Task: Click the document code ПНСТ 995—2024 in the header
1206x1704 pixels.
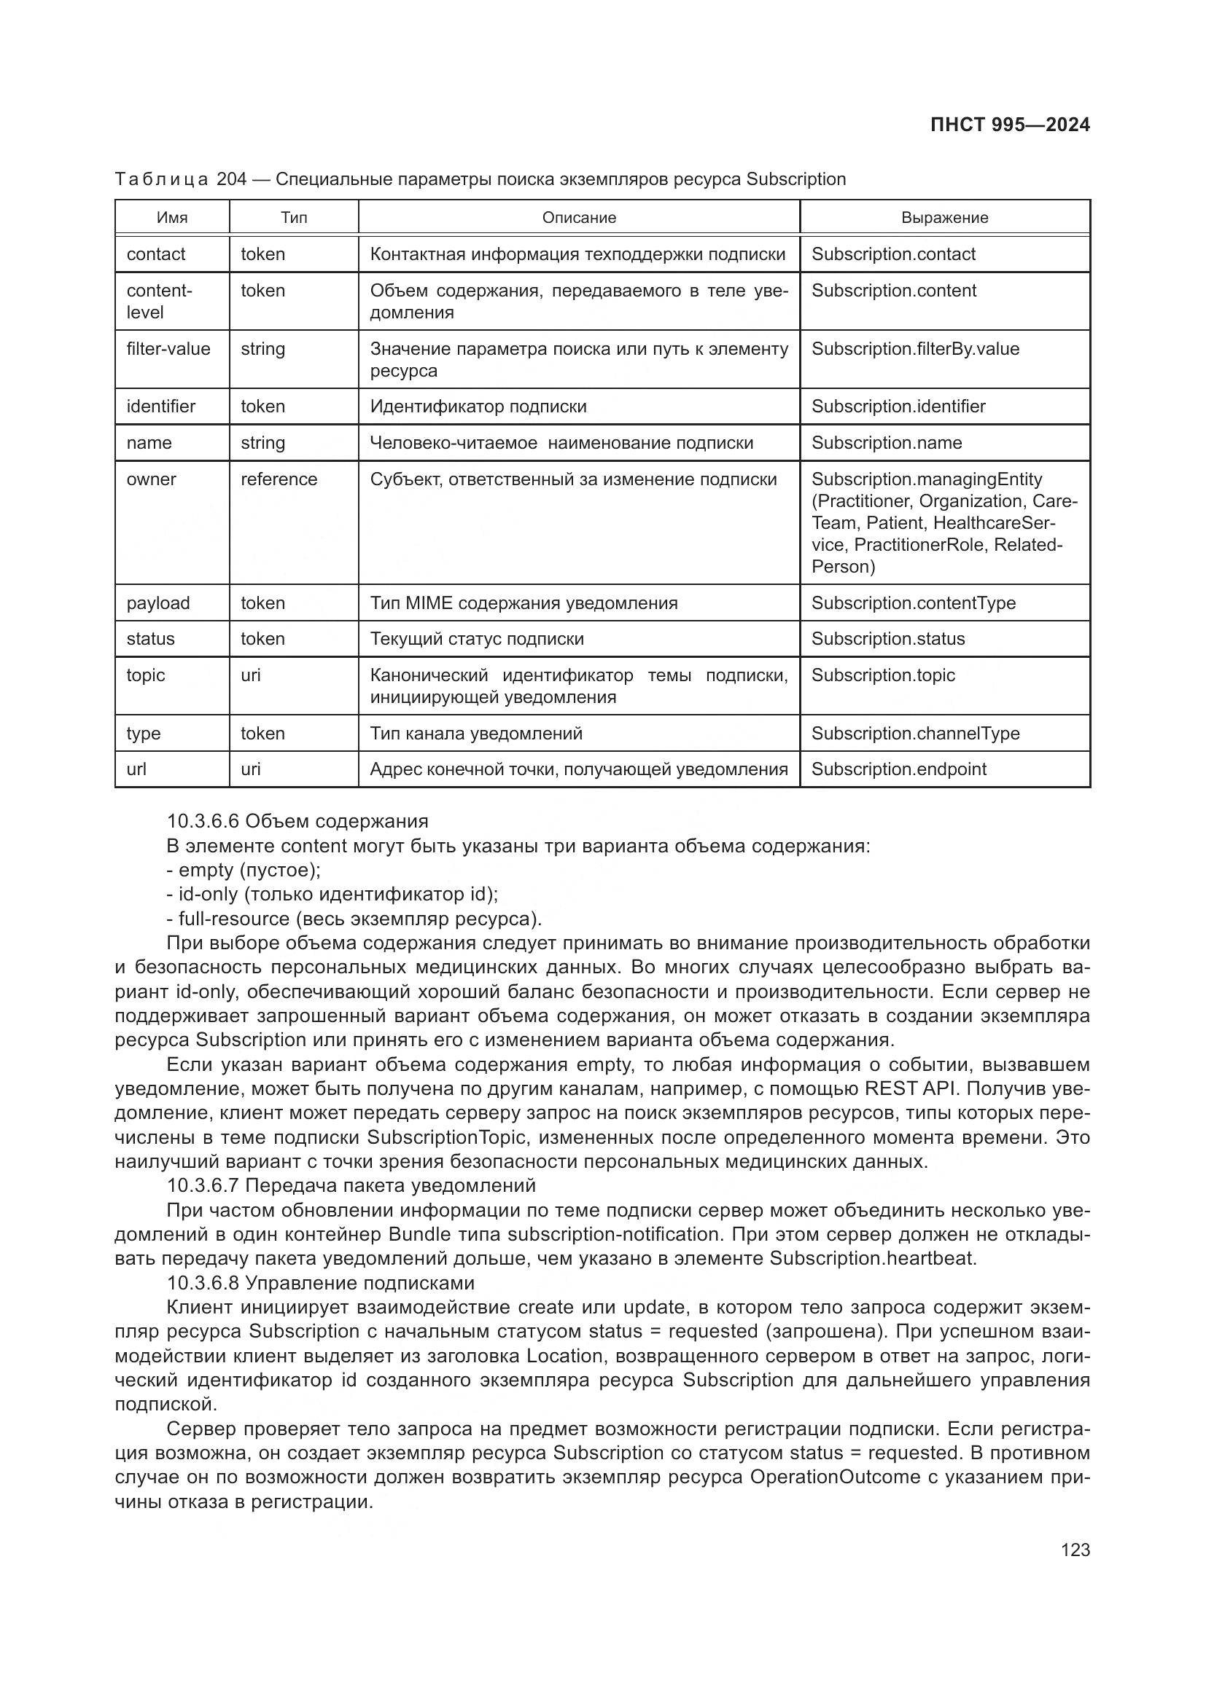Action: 1010,125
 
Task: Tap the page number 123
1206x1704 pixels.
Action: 1075,1550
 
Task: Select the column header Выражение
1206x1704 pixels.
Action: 944,217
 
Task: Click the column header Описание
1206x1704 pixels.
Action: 578,217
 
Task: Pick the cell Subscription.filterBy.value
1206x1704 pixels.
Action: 915,349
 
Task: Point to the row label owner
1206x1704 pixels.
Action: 152,479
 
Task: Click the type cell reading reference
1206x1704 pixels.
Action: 279,479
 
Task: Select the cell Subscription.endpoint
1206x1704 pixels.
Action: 898,769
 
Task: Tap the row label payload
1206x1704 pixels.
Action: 158,603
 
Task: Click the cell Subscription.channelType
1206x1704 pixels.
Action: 915,734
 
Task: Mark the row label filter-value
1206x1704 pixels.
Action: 168,349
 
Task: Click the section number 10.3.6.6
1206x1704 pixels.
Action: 203,822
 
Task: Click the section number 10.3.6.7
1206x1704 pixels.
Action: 203,1185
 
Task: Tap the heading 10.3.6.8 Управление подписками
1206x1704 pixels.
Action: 320,1283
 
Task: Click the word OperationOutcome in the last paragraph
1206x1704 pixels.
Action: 835,1477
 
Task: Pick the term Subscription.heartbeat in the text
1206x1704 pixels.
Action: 873,1258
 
